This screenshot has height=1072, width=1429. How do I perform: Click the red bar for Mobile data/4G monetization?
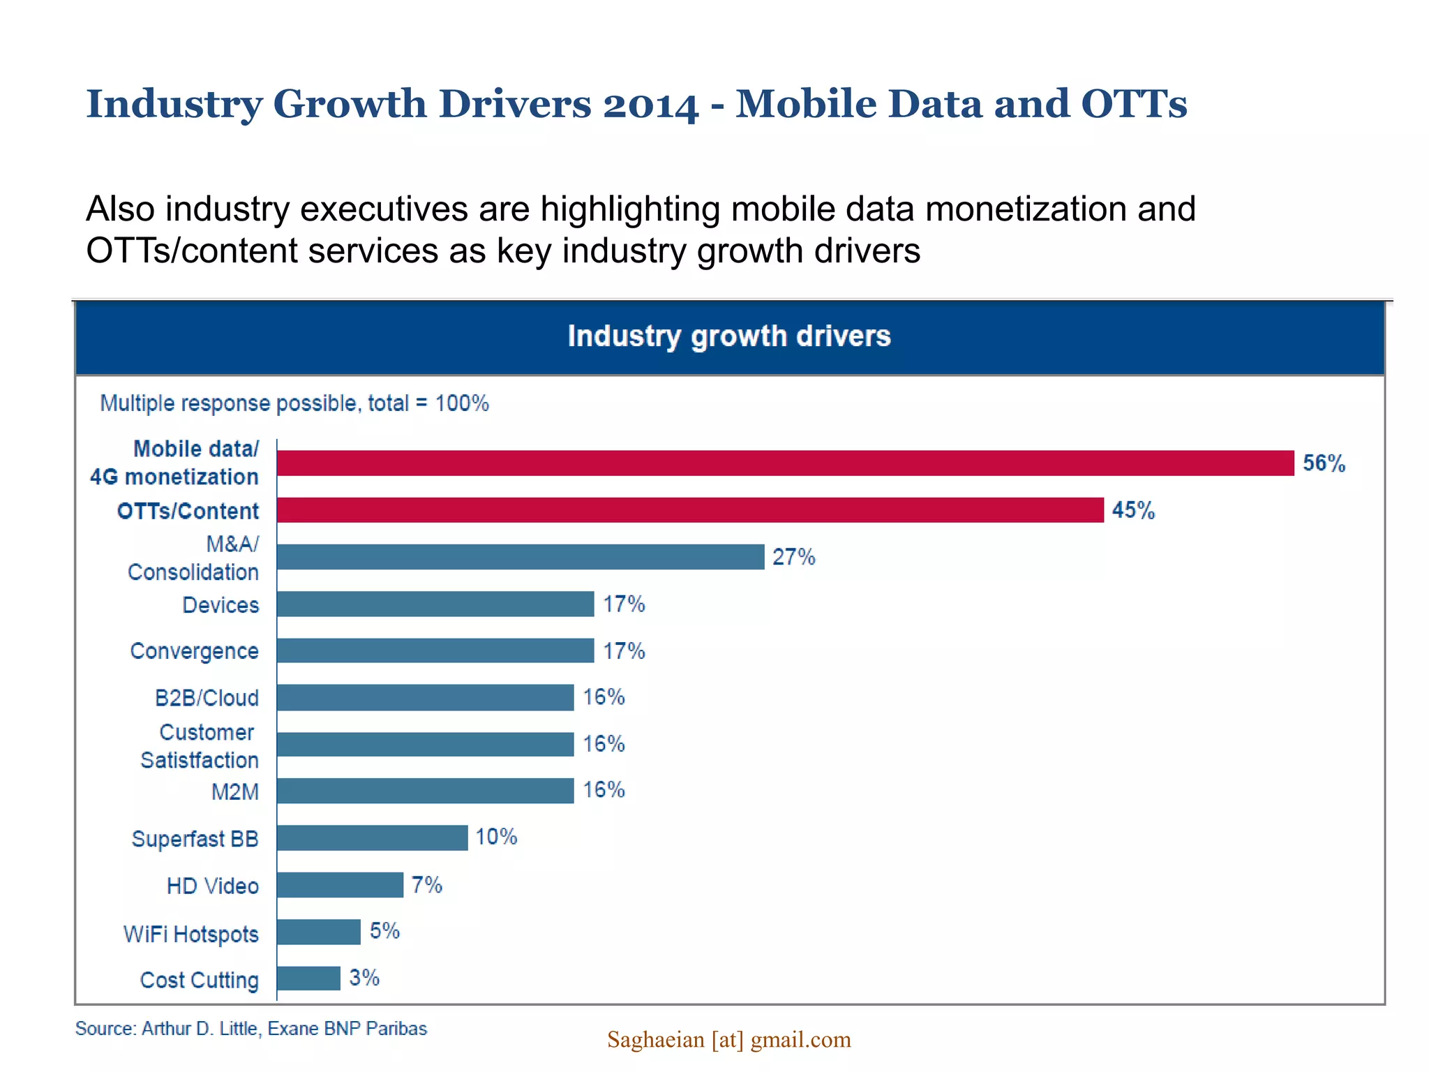[x=785, y=463]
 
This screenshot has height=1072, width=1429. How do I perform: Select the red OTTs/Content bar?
[x=689, y=510]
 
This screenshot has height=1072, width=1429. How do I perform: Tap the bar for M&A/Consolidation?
[x=520, y=557]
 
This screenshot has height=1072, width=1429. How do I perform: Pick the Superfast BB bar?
[x=372, y=837]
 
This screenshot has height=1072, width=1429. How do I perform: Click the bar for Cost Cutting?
[x=308, y=978]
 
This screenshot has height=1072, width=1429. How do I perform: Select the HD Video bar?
[x=340, y=885]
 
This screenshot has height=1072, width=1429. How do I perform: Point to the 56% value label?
[x=1324, y=463]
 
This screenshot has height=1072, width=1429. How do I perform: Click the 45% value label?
[x=1133, y=510]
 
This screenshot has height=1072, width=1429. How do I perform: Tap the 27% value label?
[x=793, y=557]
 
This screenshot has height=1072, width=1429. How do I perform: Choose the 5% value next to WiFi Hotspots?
[x=384, y=931]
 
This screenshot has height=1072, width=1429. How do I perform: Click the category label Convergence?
[x=194, y=651]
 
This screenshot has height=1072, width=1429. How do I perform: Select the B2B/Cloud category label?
[x=207, y=698]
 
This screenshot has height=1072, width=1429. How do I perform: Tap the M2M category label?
[x=235, y=792]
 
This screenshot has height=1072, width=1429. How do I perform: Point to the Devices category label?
[x=220, y=605]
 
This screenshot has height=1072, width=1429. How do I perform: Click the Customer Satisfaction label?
[x=200, y=746]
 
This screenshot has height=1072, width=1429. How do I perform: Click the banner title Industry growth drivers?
[x=729, y=336]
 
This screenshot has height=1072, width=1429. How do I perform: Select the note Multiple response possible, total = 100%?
[x=294, y=403]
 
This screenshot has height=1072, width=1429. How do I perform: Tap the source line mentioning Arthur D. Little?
[x=251, y=1029]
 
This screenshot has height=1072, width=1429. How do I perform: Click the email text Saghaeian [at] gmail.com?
[x=729, y=1040]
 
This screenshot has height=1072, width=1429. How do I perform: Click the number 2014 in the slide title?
[x=650, y=105]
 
